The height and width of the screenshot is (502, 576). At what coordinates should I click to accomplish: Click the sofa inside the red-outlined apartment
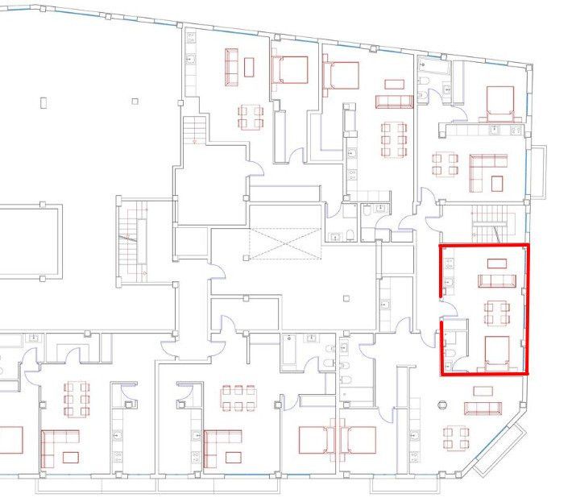coord(496,280)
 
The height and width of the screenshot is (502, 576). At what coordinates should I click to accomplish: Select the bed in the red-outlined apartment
coord(497,351)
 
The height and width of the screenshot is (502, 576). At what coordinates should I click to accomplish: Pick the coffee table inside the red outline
coord(497,263)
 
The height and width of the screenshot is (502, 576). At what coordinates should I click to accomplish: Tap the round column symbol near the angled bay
coord(442,404)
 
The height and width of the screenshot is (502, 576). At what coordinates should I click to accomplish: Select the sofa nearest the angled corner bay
coord(482,406)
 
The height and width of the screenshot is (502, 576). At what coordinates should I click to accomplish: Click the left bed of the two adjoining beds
coord(315,439)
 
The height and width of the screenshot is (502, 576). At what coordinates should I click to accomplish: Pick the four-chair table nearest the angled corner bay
coord(456,438)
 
